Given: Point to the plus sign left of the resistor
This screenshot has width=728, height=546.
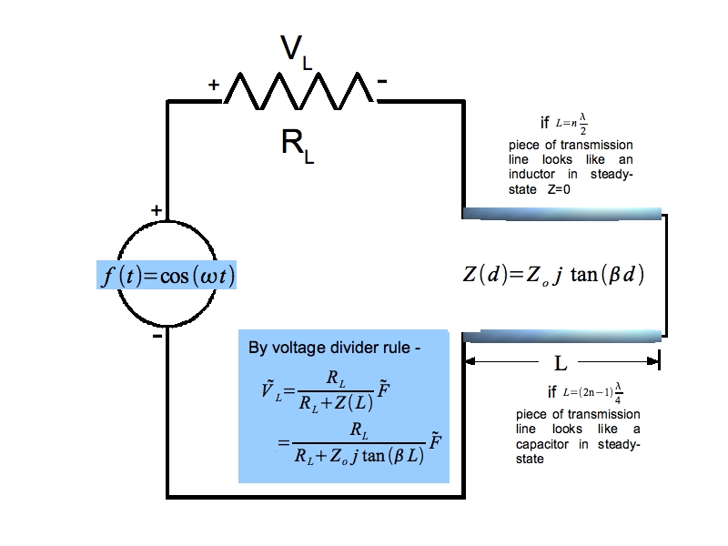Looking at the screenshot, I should (214, 85).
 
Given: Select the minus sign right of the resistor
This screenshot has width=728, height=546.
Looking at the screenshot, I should (382, 82).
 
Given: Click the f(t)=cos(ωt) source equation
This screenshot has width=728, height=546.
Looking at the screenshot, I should (167, 275).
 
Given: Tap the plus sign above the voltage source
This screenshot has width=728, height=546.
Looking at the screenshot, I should (157, 211).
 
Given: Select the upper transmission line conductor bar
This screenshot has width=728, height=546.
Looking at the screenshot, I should (562, 214).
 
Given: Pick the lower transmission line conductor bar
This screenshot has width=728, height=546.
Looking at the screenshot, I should (562, 336).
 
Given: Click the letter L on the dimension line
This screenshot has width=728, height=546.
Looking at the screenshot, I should (561, 363).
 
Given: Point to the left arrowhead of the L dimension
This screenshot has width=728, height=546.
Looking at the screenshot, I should (470, 363).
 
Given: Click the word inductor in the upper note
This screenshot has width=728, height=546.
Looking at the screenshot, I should (532, 173).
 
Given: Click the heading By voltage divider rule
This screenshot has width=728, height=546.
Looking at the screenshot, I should (335, 349).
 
